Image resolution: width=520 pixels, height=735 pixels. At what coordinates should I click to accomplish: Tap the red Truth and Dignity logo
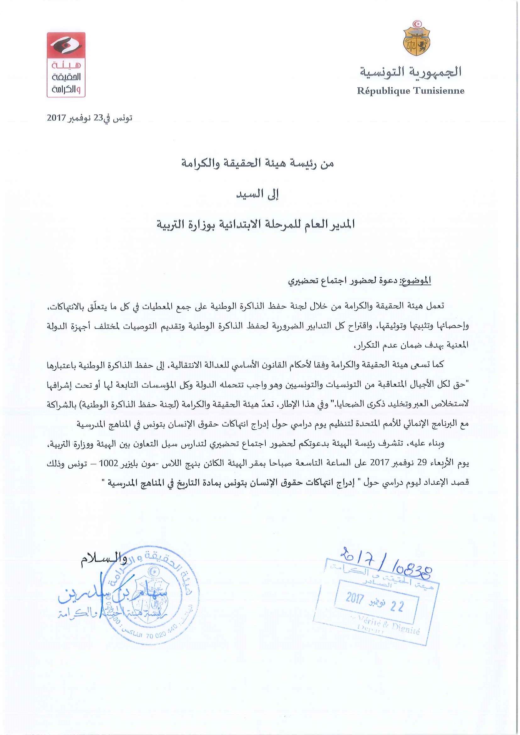click(x=66, y=65)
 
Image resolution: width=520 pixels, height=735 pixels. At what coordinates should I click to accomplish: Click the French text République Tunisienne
click(x=410, y=91)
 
